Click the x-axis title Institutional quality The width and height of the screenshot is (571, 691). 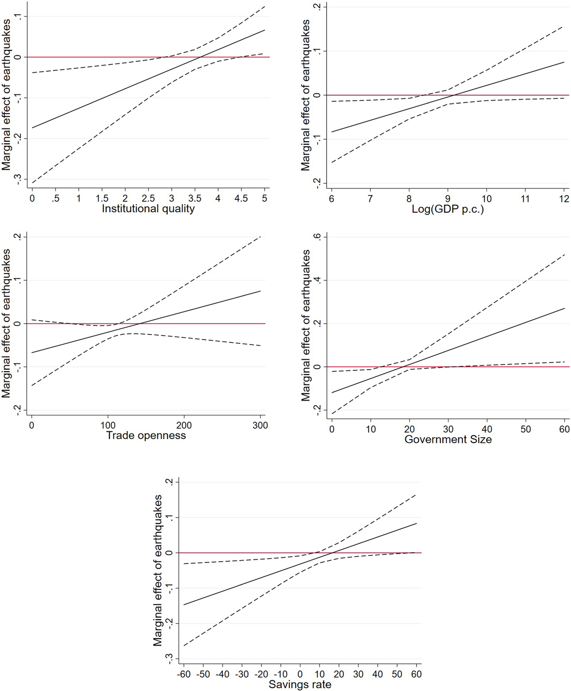[148, 209]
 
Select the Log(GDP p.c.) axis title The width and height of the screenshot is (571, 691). [447, 209]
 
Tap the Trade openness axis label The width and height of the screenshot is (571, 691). [146, 436]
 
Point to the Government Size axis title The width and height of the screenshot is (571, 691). [448, 439]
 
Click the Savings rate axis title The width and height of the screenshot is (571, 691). [300, 684]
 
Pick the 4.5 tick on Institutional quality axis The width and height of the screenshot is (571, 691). [241, 198]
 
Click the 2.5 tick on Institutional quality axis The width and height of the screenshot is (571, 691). [148, 198]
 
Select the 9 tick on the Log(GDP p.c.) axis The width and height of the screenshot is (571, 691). [448, 199]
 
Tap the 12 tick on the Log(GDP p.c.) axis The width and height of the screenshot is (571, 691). [564, 199]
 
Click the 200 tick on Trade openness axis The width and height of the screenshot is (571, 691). [184, 425]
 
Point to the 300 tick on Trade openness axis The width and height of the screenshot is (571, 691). [260, 425]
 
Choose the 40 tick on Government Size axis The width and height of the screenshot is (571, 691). [487, 429]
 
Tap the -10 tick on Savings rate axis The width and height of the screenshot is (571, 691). [281, 674]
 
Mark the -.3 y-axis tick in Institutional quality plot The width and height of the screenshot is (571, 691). [18, 179]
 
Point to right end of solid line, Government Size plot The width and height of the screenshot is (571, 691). [565, 308]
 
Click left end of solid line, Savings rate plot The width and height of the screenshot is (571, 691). [184, 605]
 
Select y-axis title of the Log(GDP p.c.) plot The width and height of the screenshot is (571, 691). [305, 95]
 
